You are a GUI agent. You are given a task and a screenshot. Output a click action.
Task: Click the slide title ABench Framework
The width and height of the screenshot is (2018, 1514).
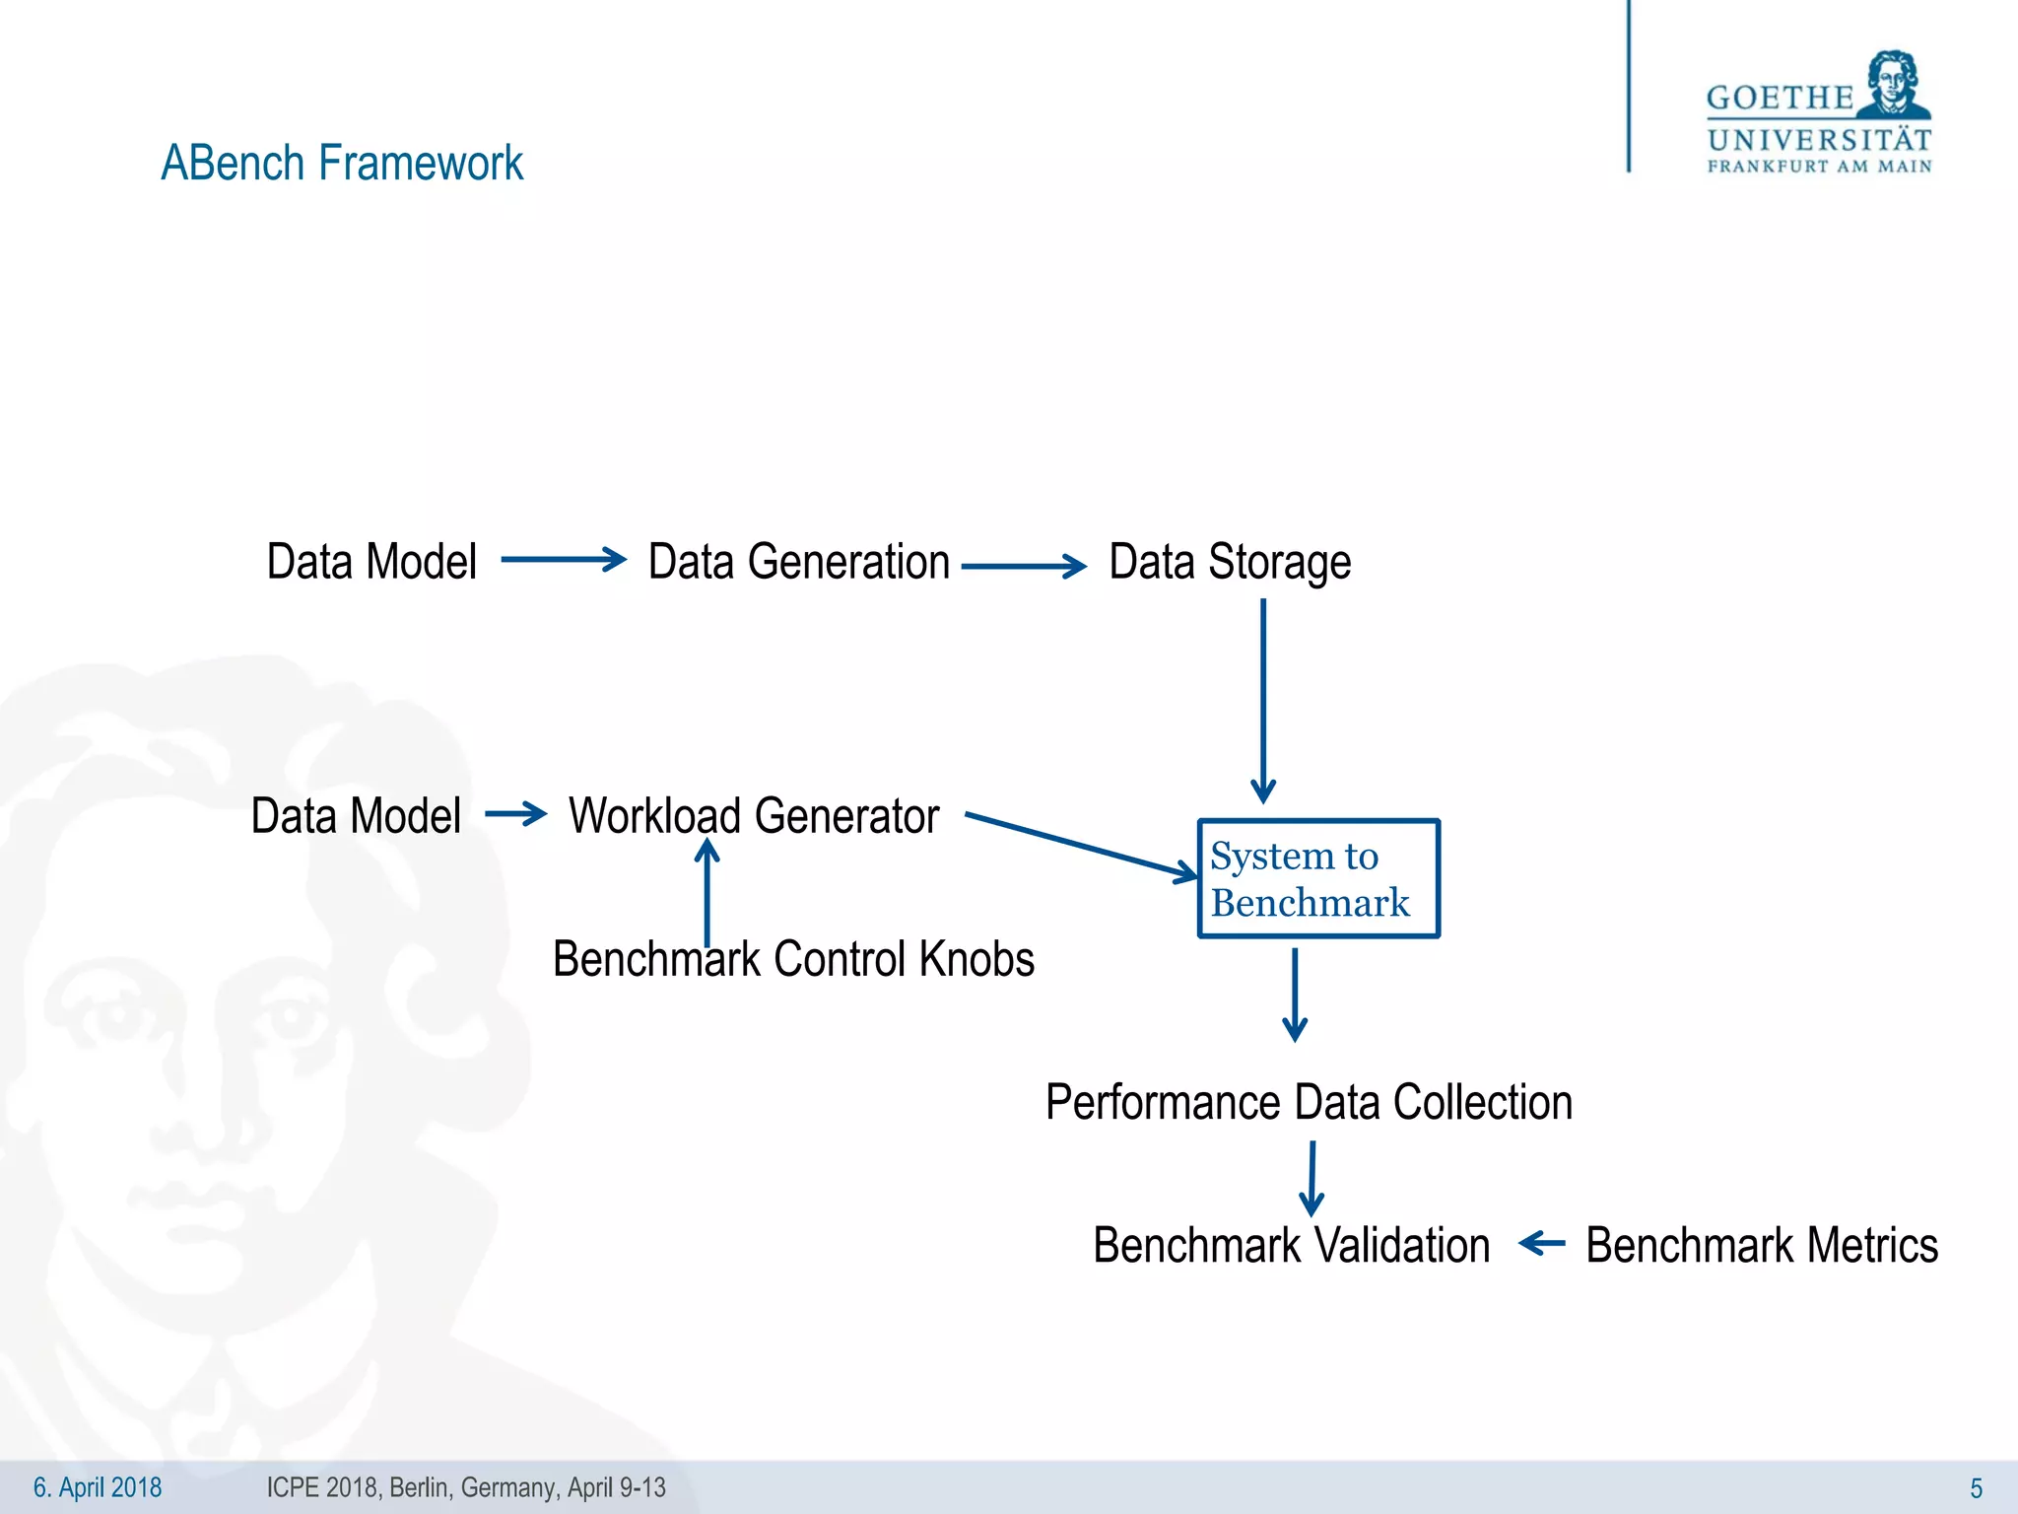[342, 163]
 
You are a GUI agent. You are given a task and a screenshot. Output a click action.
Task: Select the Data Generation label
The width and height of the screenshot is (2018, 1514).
[798, 562]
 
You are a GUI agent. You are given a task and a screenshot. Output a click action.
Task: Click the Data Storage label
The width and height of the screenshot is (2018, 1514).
[1230, 562]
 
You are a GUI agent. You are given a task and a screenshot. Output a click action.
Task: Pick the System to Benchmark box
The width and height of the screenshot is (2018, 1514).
[1318, 878]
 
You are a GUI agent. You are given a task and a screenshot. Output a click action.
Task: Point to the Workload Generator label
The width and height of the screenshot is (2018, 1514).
[754, 816]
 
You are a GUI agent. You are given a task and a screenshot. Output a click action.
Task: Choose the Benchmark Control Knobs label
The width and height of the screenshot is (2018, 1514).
[793, 959]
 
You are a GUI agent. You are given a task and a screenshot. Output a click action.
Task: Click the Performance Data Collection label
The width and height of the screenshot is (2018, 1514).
[1309, 1102]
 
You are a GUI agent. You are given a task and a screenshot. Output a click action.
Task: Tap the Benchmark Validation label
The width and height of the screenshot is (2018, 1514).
[1291, 1245]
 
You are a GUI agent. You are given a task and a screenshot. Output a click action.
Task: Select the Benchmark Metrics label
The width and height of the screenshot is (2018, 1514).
[1762, 1245]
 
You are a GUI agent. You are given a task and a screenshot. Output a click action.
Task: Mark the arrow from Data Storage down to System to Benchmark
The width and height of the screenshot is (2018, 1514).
[1263, 700]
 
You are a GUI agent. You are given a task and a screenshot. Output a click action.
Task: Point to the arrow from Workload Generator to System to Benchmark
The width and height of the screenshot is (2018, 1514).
[1081, 845]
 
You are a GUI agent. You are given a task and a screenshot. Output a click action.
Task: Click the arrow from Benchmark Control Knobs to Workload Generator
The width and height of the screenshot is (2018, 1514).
[707, 892]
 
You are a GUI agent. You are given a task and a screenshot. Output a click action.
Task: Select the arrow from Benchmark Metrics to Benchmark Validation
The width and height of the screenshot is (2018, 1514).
[1542, 1244]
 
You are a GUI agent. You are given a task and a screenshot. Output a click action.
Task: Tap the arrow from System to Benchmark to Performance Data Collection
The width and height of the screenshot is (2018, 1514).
[1295, 994]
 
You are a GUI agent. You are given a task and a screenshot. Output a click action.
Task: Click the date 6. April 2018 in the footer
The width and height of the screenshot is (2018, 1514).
[98, 1487]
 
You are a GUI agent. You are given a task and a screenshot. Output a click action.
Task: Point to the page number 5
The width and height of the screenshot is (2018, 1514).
[1976, 1488]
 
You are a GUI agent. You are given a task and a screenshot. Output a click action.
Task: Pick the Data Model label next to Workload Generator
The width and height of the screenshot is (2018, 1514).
[356, 816]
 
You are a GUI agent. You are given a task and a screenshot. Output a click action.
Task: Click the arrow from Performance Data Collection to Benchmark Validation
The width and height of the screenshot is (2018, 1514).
[1312, 1178]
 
